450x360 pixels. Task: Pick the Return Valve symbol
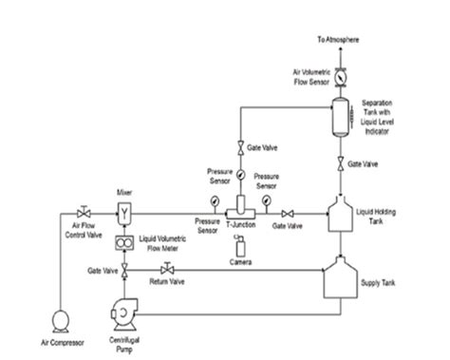tap(154, 272)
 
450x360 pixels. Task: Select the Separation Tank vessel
tap(340, 119)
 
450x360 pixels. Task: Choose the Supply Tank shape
tap(341, 281)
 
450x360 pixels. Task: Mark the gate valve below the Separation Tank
tap(340, 162)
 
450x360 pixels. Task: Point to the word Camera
tap(240, 262)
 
